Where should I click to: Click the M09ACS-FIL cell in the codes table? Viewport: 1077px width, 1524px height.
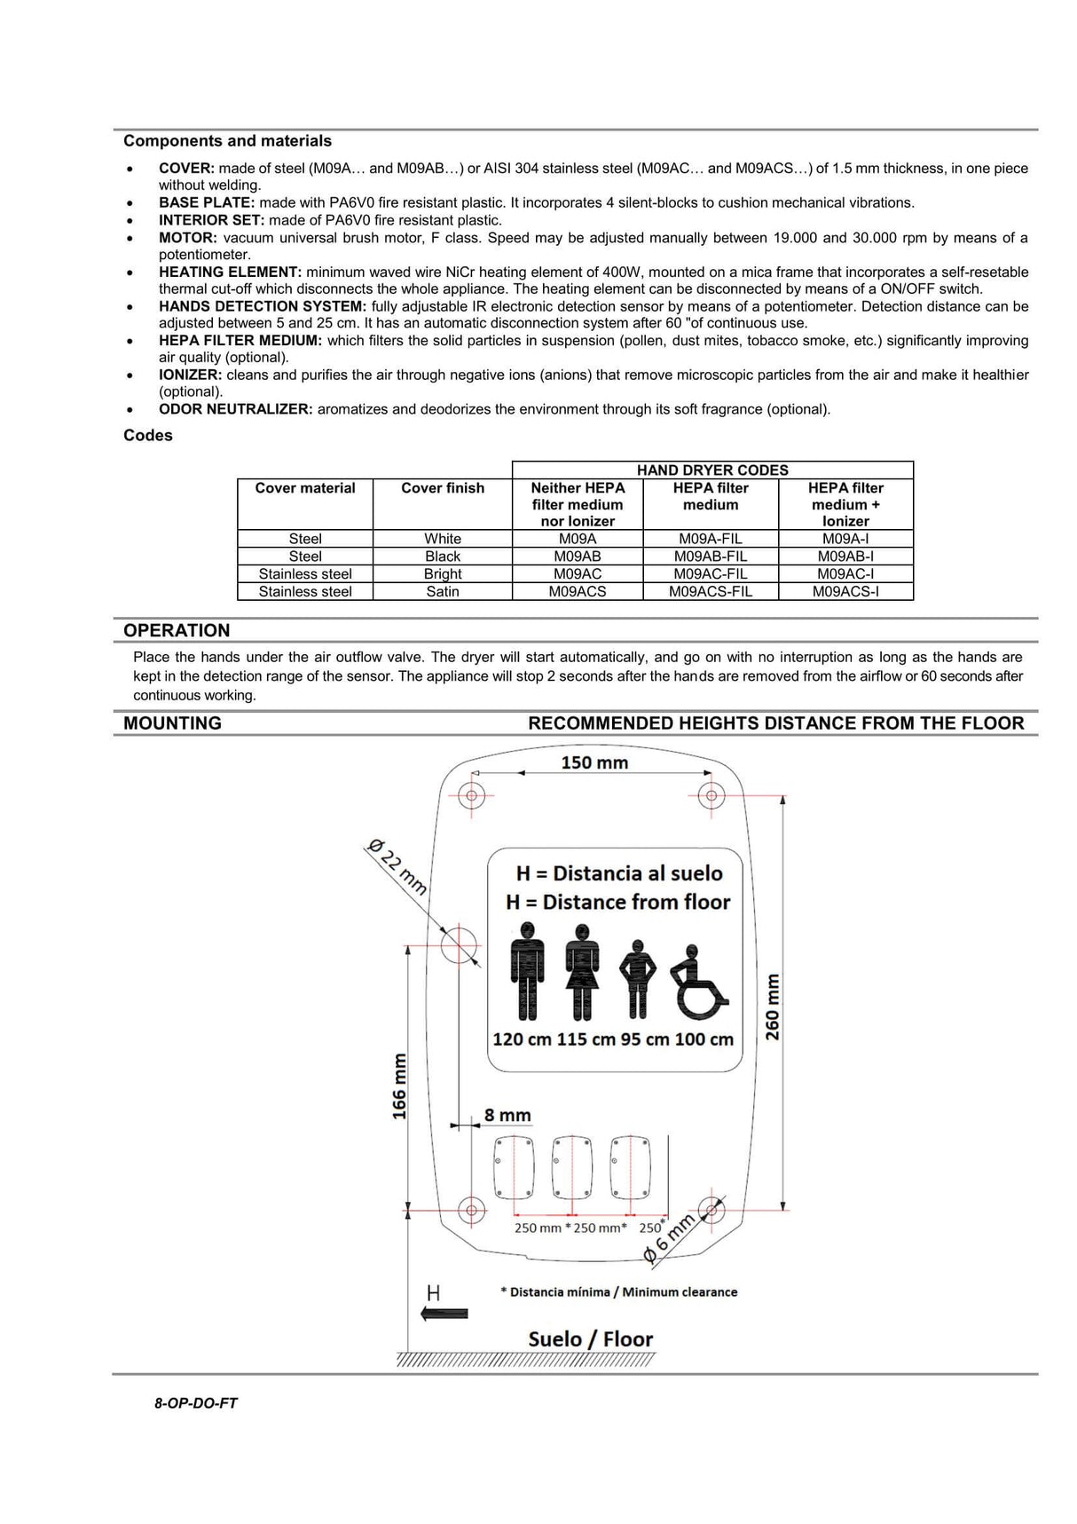(710, 591)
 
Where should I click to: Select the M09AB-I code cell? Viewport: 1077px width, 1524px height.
(845, 557)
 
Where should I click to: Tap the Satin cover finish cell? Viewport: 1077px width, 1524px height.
(442, 591)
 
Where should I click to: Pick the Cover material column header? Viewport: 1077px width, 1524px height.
(304, 488)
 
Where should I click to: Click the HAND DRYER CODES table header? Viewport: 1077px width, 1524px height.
(711, 470)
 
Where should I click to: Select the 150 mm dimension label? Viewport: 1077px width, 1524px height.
(594, 762)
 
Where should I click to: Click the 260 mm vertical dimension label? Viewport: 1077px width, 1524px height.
(773, 1007)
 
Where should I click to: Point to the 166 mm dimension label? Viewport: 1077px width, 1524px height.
(399, 1086)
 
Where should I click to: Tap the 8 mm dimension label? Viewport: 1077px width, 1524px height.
(507, 1116)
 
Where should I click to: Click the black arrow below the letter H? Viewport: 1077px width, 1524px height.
(444, 1314)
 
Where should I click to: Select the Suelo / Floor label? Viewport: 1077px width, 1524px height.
(590, 1338)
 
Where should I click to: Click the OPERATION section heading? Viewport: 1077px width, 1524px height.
(177, 630)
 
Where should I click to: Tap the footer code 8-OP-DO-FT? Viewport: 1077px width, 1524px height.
(196, 1403)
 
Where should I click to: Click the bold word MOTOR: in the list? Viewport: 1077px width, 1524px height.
(188, 238)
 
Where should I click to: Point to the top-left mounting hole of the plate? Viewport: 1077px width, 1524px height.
(471, 794)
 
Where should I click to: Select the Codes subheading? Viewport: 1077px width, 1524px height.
(148, 435)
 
